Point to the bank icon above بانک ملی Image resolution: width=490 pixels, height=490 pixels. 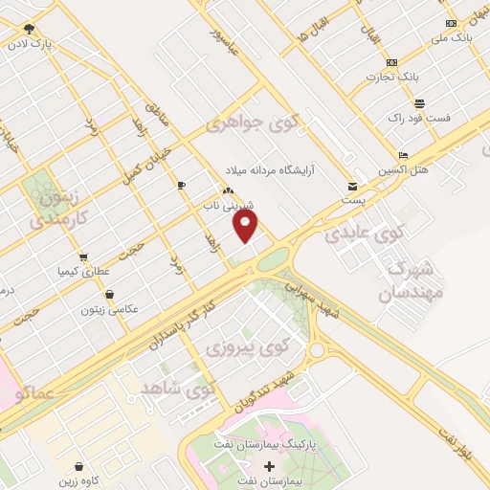click(x=451, y=23)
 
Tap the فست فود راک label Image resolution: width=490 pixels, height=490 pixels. click(x=419, y=117)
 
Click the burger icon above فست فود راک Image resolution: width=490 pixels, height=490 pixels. click(x=419, y=102)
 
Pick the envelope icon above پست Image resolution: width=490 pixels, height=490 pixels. click(x=353, y=187)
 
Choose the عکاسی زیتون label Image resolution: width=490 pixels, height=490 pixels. click(x=112, y=308)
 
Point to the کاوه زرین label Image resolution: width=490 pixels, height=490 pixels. click(x=78, y=481)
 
